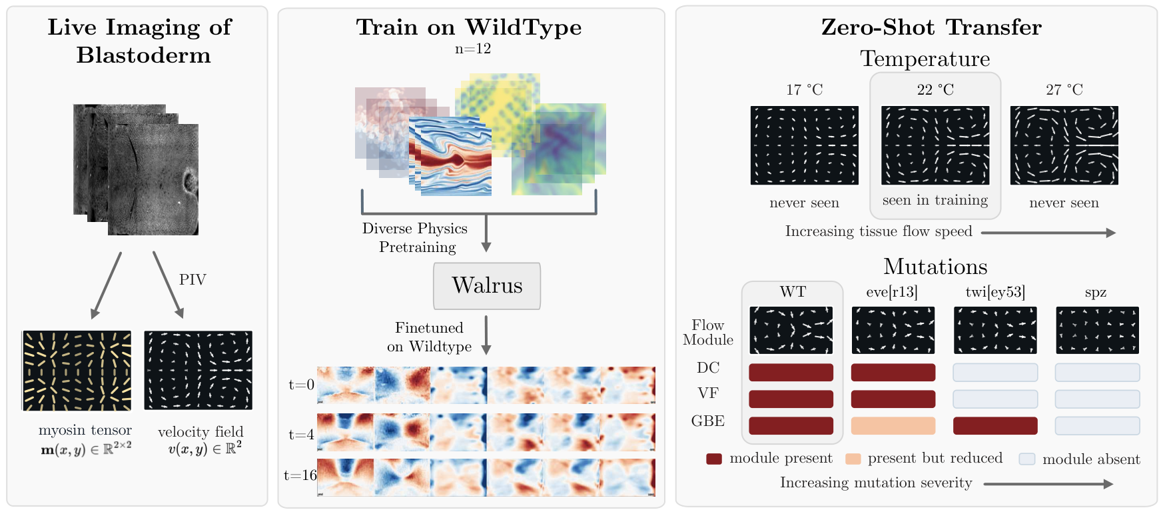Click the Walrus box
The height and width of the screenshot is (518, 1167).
(487, 286)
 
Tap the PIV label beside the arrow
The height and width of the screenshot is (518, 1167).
(193, 280)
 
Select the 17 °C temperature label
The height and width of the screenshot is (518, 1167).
(804, 89)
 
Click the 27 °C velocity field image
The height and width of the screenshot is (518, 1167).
(1064, 145)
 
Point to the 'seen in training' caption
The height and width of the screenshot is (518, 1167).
(935, 200)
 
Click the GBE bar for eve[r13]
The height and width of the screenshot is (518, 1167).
(893, 425)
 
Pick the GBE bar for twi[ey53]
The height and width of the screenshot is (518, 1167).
(995, 425)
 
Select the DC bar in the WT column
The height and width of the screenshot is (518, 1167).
(791, 372)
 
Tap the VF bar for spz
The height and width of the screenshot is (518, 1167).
(1097, 399)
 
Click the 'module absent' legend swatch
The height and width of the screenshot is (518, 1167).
(1027, 459)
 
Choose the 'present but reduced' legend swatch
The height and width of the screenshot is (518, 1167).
(853, 459)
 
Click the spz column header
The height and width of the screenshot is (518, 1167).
(1096, 293)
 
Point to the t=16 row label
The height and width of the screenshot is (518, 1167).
(300, 475)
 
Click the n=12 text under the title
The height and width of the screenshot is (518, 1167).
(473, 49)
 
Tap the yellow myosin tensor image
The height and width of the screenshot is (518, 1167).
(77, 371)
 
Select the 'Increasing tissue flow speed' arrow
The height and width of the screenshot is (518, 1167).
(1048, 233)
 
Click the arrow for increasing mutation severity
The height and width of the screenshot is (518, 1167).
(1048, 484)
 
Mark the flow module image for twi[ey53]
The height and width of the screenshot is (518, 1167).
(995, 330)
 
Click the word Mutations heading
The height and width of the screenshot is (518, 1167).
(935, 267)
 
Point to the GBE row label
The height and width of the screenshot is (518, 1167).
(708, 421)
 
